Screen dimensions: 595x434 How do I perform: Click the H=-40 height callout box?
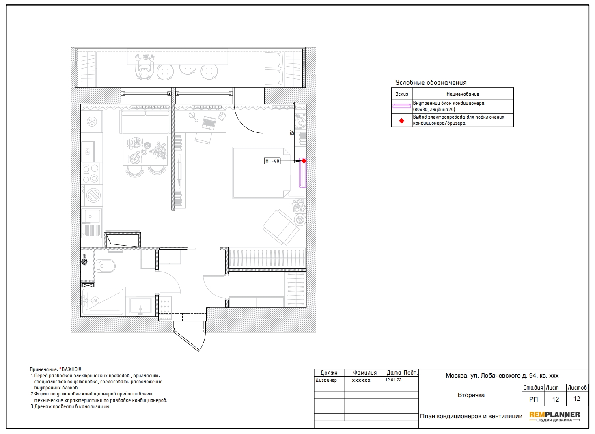272,161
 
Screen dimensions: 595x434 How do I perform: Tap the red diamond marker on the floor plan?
304,161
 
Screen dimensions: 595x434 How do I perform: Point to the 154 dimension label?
292,133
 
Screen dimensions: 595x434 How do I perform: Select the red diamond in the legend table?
402,121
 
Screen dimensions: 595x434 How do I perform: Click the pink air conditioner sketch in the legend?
402,106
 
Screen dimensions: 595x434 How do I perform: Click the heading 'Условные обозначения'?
431,83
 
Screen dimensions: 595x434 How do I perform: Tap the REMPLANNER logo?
555,417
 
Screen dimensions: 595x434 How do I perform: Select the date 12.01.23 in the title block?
393,380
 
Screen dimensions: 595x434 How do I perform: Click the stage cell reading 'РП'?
533,399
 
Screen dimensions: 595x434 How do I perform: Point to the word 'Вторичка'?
471,395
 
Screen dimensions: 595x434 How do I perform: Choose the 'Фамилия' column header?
364,373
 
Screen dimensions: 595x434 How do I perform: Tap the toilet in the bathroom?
106,266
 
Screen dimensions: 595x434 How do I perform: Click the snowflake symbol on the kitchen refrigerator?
92,122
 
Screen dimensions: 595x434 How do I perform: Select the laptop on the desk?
209,123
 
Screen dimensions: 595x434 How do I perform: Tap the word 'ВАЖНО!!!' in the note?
71,369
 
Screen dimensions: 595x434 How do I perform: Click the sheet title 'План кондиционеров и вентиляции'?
471,416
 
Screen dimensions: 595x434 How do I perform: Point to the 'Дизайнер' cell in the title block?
326,380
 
